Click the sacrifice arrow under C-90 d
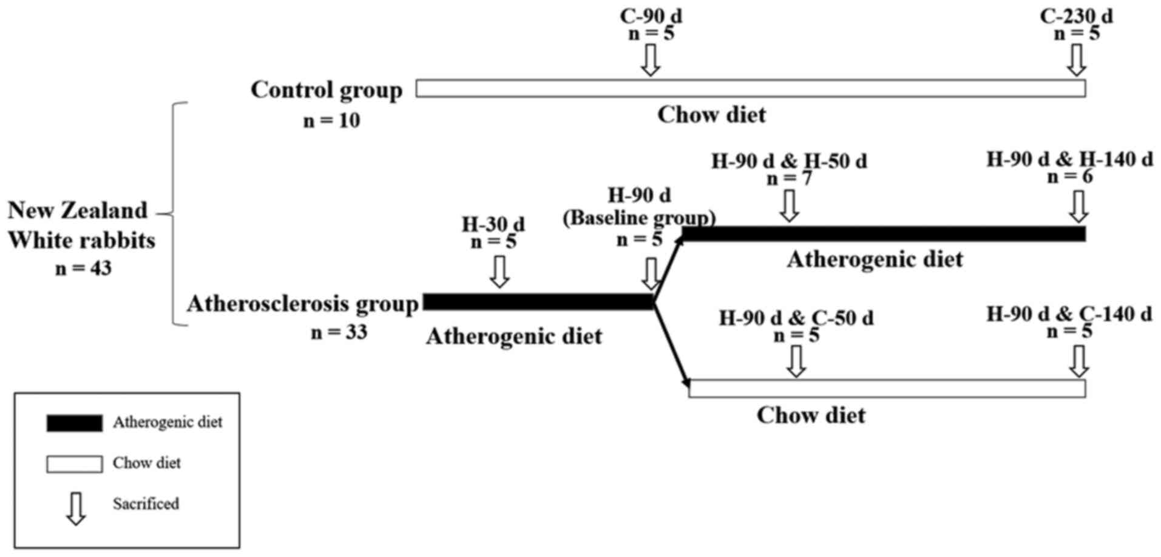pos(651,61)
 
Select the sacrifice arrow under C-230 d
pos(1077,61)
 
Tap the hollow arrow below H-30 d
pos(499,271)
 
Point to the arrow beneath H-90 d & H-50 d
pos(789,205)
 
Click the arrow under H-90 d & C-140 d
pos(1078,361)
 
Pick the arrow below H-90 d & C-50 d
pos(796,361)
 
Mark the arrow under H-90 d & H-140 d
pos(1078,207)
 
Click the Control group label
pos(327,90)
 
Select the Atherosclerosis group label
pos(302,303)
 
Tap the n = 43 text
pos(83,268)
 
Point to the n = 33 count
pos(339,332)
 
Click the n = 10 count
pos(331,121)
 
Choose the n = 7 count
pos(789,179)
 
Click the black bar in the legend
pos(74,423)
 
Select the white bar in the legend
pos(74,464)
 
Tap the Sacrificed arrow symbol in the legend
pos(76,508)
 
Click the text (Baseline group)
pos(639,217)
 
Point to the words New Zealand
pos(78,210)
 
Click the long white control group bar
pos(750,89)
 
